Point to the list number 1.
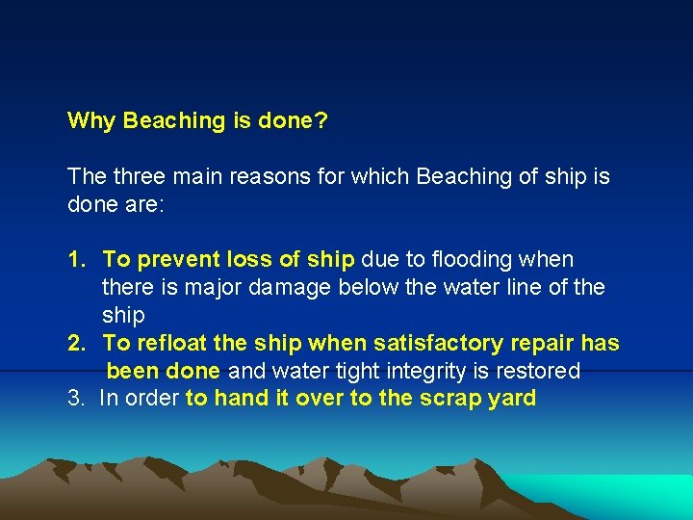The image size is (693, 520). (x=75, y=260)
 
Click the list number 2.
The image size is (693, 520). (x=75, y=344)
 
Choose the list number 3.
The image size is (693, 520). (x=75, y=399)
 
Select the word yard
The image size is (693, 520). (x=512, y=399)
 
